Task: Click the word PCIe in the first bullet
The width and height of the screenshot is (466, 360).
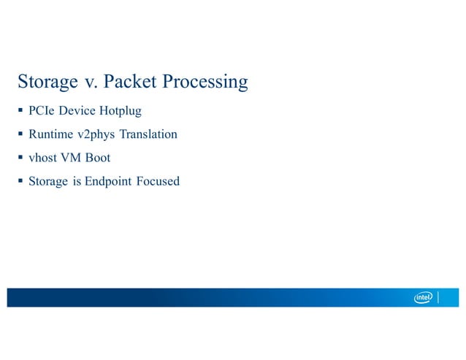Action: click(x=41, y=112)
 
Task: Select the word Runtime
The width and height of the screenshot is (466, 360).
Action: click(x=51, y=134)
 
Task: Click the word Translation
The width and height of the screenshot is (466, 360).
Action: click(x=150, y=134)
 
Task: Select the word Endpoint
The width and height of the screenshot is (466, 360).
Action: click(x=108, y=181)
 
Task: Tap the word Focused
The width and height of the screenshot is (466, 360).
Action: click(x=158, y=180)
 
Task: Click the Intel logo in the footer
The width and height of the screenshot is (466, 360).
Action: click(x=424, y=297)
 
